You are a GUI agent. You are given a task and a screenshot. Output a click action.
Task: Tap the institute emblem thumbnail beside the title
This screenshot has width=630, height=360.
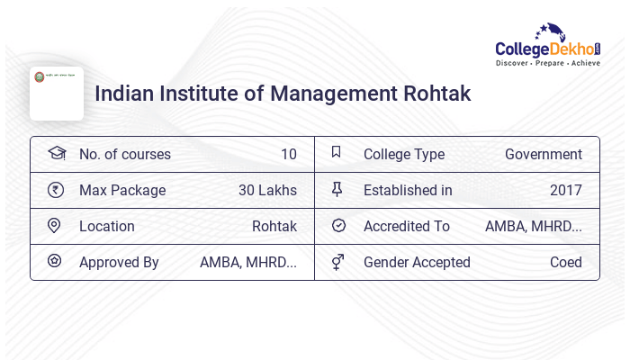[56, 93]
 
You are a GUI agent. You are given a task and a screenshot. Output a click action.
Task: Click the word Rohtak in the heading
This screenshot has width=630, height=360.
[436, 94]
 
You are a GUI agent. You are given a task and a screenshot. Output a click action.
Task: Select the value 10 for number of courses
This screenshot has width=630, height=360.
[288, 155]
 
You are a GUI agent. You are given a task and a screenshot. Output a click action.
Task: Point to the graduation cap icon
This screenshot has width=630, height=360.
[56, 153]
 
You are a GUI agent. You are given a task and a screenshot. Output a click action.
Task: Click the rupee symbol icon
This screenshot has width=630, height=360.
[55, 190]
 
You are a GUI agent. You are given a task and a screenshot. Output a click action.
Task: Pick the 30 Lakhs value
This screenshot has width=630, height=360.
[267, 191]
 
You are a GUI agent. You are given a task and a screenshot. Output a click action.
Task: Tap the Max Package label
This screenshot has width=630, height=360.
[122, 191]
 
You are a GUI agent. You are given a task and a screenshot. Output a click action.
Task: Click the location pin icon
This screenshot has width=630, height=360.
[54, 226]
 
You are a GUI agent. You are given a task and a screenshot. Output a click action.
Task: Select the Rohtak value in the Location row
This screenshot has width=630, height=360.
[274, 227]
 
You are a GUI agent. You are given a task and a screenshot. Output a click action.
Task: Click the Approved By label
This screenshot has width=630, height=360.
[119, 263]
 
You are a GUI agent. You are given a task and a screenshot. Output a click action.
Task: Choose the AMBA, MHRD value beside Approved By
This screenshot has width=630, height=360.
[248, 263]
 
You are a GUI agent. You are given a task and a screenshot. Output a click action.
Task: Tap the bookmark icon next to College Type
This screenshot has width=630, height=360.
[337, 153]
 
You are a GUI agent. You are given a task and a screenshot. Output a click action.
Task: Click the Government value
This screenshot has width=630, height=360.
[544, 155]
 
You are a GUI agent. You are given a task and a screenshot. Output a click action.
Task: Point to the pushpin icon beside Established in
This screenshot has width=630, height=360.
[337, 190]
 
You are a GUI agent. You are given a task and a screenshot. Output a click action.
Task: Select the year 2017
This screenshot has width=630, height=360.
[566, 191]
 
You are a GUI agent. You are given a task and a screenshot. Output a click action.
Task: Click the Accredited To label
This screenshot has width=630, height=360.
[407, 227]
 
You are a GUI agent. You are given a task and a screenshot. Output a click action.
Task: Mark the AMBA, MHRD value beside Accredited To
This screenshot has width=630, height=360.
[534, 227]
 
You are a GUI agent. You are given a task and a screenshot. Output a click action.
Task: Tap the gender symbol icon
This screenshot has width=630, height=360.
[337, 262]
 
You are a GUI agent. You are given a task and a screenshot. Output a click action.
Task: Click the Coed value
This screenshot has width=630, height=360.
[566, 263]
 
